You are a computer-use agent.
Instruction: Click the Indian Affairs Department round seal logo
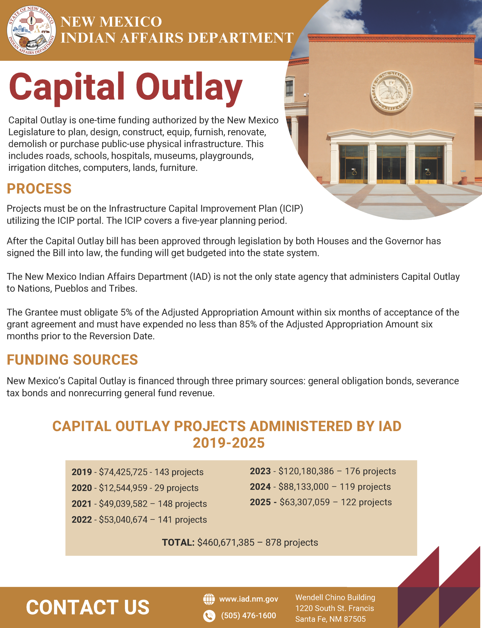[x=31, y=30]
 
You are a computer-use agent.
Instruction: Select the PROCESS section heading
[x=39, y=189]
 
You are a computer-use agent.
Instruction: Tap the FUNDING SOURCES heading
[x=72, y=360]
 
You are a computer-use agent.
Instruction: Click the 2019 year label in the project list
[x=82, y=472]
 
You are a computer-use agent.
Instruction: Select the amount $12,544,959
[x=123, y=488]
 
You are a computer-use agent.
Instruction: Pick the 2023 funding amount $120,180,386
[x=306, y=471]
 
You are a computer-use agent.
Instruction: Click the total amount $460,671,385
[x=226, y=542]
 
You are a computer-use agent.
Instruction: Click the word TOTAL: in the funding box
[x=178, y=542]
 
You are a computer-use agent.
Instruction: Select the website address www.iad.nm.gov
[x=248, y=599]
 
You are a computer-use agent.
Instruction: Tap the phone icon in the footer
[x=209, y=616]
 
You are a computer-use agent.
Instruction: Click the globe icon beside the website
[x=209, y=599]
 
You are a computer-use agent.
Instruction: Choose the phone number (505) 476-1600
[x=248, y=615]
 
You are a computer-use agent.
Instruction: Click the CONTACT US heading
[x=87, y=607]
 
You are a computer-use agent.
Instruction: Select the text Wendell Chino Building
[x=335, y=598]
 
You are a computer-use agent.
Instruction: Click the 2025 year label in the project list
[x=260, y=502]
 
